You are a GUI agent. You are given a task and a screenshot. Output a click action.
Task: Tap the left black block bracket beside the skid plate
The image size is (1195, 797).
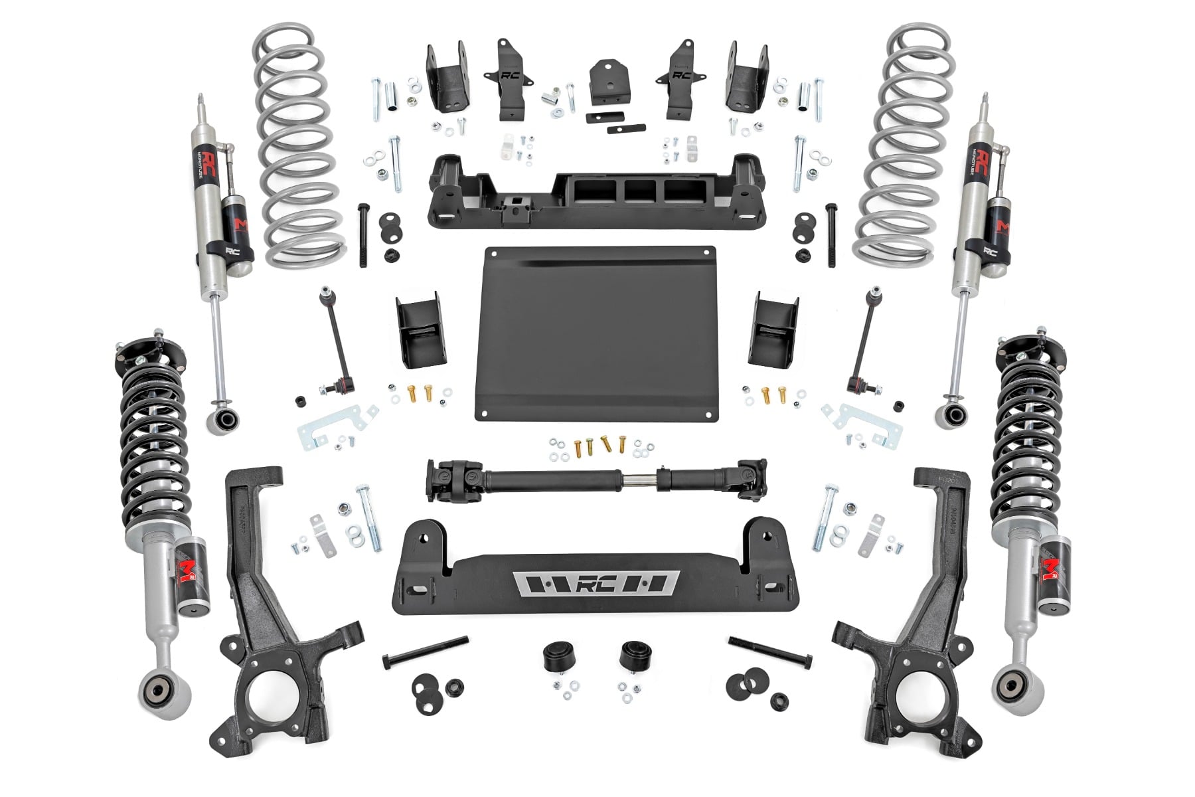pyautogui.click(x=417, y=329)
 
